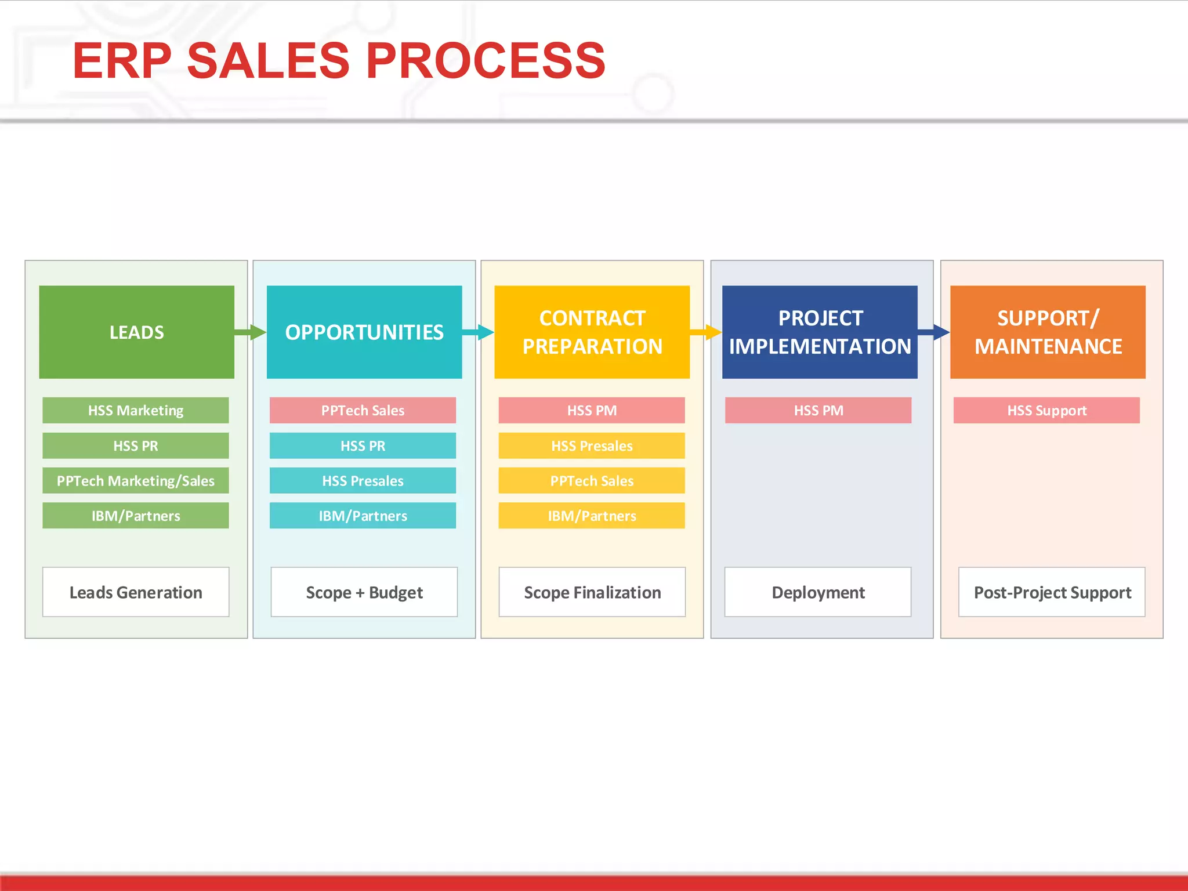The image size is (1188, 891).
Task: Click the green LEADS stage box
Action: click(136, 332)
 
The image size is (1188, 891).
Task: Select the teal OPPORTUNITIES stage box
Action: click(364, 332)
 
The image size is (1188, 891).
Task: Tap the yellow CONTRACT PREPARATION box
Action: click(592, 332)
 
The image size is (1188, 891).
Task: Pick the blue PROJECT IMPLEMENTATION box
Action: click(819, 332)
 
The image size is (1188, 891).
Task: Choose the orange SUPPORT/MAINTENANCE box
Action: click(1047, 332)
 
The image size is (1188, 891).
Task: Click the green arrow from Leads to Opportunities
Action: click(251, 332)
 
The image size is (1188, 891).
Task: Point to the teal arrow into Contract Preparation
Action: click(479, 332)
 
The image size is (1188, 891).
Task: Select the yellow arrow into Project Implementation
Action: click(707, 332)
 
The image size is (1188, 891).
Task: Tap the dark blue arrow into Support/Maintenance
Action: click(935, 332)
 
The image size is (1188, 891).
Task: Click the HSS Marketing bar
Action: click(135, 410)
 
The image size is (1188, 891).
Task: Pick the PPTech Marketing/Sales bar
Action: click(135, 480)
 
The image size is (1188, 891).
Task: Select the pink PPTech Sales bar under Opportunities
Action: click(363, 410)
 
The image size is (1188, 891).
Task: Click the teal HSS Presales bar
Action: click(363, 480)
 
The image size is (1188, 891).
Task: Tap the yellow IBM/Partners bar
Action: click(591, 516)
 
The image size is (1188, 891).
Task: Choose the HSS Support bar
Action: click(1046, 410)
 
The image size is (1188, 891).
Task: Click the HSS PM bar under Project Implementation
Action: click(818, 410)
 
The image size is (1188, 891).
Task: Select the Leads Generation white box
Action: click(135, 592)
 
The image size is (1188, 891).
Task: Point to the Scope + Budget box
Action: click(364, 592)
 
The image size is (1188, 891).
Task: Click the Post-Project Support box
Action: click(1051, 592)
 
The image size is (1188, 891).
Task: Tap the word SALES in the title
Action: click(268, 60)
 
